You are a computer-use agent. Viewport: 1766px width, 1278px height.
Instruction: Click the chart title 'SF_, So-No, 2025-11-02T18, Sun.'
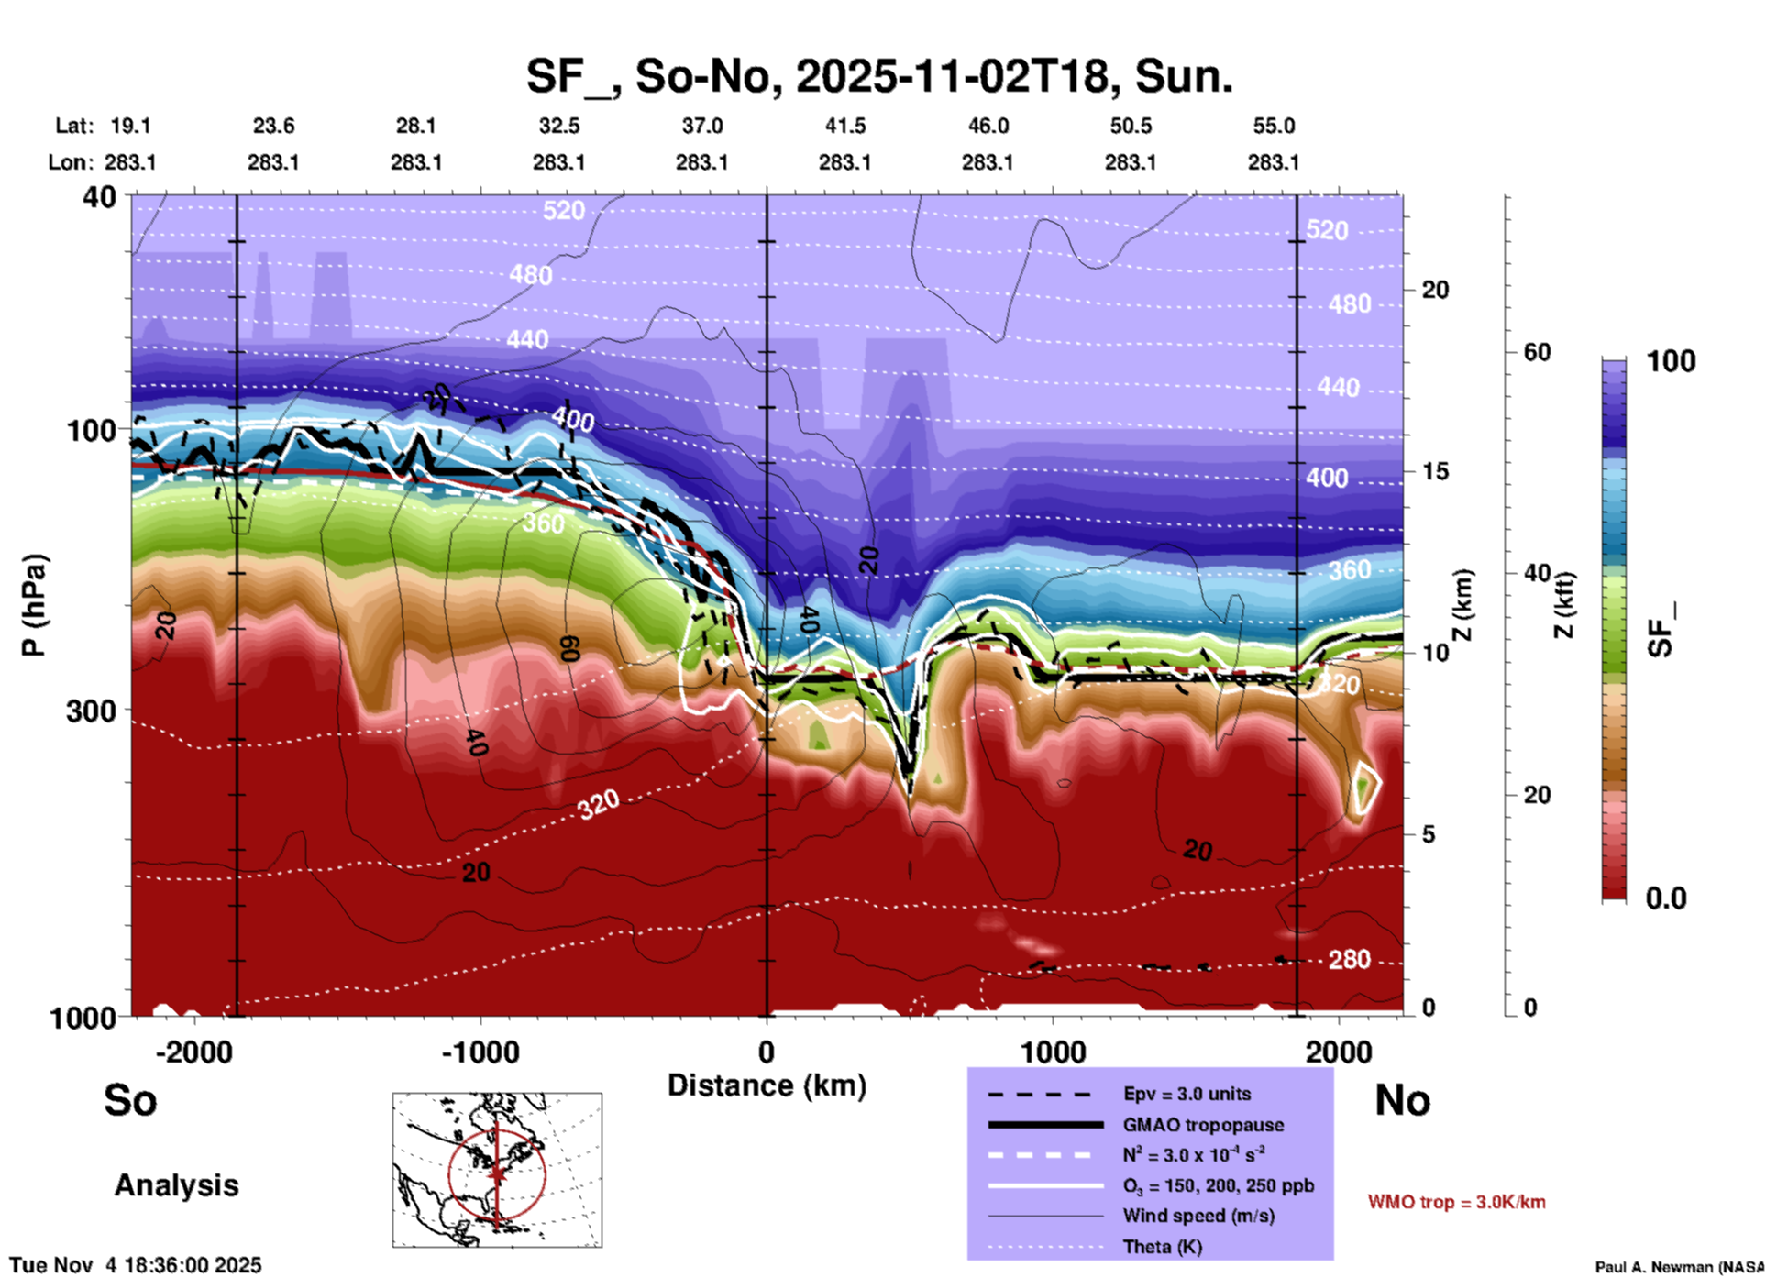(x=878, y=75)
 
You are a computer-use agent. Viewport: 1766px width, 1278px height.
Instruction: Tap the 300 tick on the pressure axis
(x=91, y=711)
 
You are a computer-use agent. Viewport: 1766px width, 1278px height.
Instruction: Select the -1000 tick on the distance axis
(x=480, y=1052)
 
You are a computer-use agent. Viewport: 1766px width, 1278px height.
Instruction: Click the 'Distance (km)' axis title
(x=767, y=1085)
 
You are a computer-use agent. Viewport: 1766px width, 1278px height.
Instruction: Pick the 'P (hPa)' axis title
(x=34, y=605)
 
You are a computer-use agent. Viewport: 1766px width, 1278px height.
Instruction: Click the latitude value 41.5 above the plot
(x=844, y=126)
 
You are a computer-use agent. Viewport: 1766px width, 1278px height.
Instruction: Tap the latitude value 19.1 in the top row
(x=130, y=126)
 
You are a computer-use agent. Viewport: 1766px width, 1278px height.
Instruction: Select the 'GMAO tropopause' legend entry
(x=1203, y=1125)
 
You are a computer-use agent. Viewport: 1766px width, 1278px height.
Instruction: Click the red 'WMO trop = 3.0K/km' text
(x=1456, y=1202)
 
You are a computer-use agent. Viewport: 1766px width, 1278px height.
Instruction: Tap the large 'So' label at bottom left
(x=130, y=1100)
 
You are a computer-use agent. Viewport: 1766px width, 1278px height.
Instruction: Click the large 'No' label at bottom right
(x=1402, y=1100)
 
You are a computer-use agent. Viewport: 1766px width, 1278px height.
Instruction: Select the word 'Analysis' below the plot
(x=176, y=1185)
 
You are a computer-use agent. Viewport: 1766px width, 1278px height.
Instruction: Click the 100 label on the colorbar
(x=1671, y=361)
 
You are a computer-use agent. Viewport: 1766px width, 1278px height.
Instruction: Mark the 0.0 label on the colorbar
(x=1666, y=898)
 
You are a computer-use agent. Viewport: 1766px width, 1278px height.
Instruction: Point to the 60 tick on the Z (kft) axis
(x=1537, y=352)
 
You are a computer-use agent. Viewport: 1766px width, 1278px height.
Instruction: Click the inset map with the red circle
(x=497, y=1170)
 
